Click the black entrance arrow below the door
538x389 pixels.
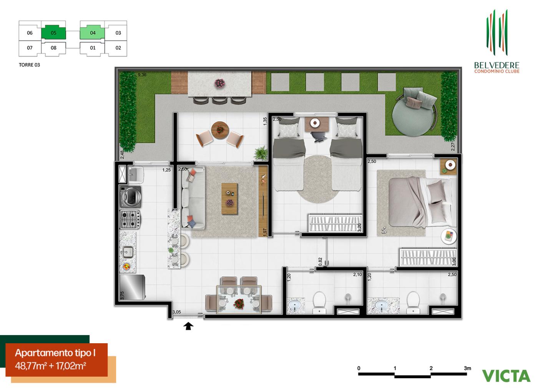click(188, 327)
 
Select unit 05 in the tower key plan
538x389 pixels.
click(53, 33)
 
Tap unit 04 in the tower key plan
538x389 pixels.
click(93, 33)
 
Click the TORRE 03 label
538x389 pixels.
click(29, 65)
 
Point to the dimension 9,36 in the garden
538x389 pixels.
click(142, 75)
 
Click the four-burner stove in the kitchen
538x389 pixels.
click(130, 219)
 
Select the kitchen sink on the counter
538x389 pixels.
click(127, 252)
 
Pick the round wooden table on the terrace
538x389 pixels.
click(219, 129)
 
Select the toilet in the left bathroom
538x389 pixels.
click(319, 302)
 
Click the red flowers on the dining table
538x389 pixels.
click(239, 304)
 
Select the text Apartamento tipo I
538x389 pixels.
click(55, 353)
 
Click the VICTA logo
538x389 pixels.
click(506, 375)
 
